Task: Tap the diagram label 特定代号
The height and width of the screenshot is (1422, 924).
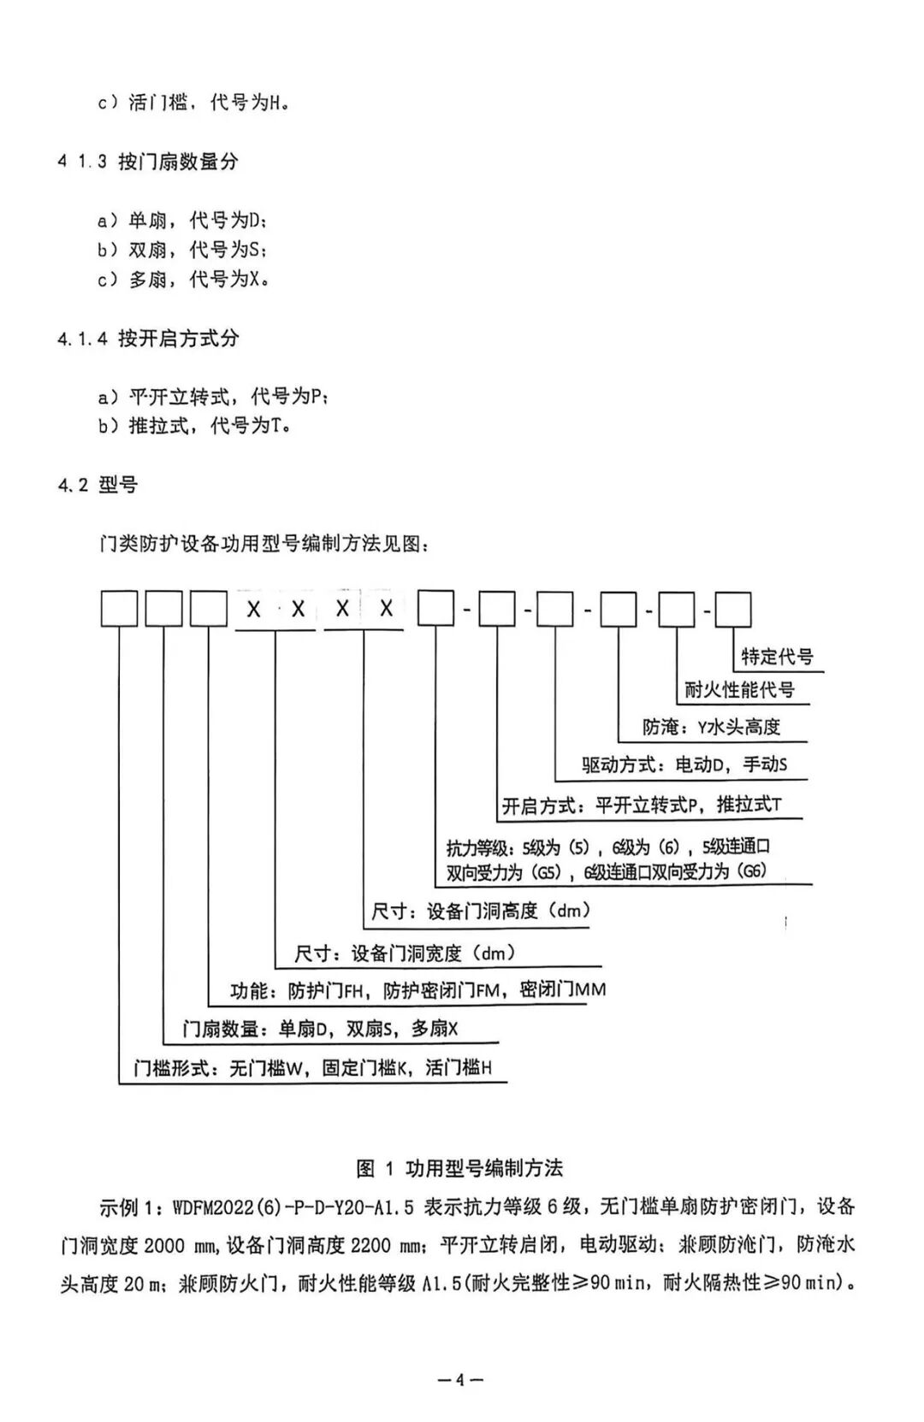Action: pos(777,657)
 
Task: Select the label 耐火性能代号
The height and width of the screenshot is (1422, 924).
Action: pos(739,689)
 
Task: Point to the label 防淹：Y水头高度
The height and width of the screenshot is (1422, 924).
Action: pos(712,727)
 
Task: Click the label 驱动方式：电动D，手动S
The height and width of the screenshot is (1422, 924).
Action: pos(684,764)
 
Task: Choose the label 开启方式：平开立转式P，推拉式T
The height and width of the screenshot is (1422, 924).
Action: pos(642,805)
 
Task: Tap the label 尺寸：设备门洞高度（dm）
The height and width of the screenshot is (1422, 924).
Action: pos(481,911)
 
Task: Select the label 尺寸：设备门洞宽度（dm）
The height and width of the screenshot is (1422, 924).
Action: pos(406,953)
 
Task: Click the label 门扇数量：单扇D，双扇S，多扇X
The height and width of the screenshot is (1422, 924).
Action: pos(321,1029)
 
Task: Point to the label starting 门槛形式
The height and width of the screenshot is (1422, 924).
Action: pos(312,1068)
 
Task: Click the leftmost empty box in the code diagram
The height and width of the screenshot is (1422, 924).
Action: pos(119,610)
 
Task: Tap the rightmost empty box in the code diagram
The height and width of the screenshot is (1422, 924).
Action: pos(733,610)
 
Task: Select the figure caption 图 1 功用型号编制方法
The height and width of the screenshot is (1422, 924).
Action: pos(459,1168)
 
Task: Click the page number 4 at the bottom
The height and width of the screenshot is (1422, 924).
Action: pos(460,1379)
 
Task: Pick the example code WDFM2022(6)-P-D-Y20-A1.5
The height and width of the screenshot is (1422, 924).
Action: pos(293,1207)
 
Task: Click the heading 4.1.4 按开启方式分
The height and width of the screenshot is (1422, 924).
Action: pos(148,339)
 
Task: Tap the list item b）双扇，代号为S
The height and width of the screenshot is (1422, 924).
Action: pos(182,250)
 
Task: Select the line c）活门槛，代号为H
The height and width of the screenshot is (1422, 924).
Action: pos(193,103)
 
